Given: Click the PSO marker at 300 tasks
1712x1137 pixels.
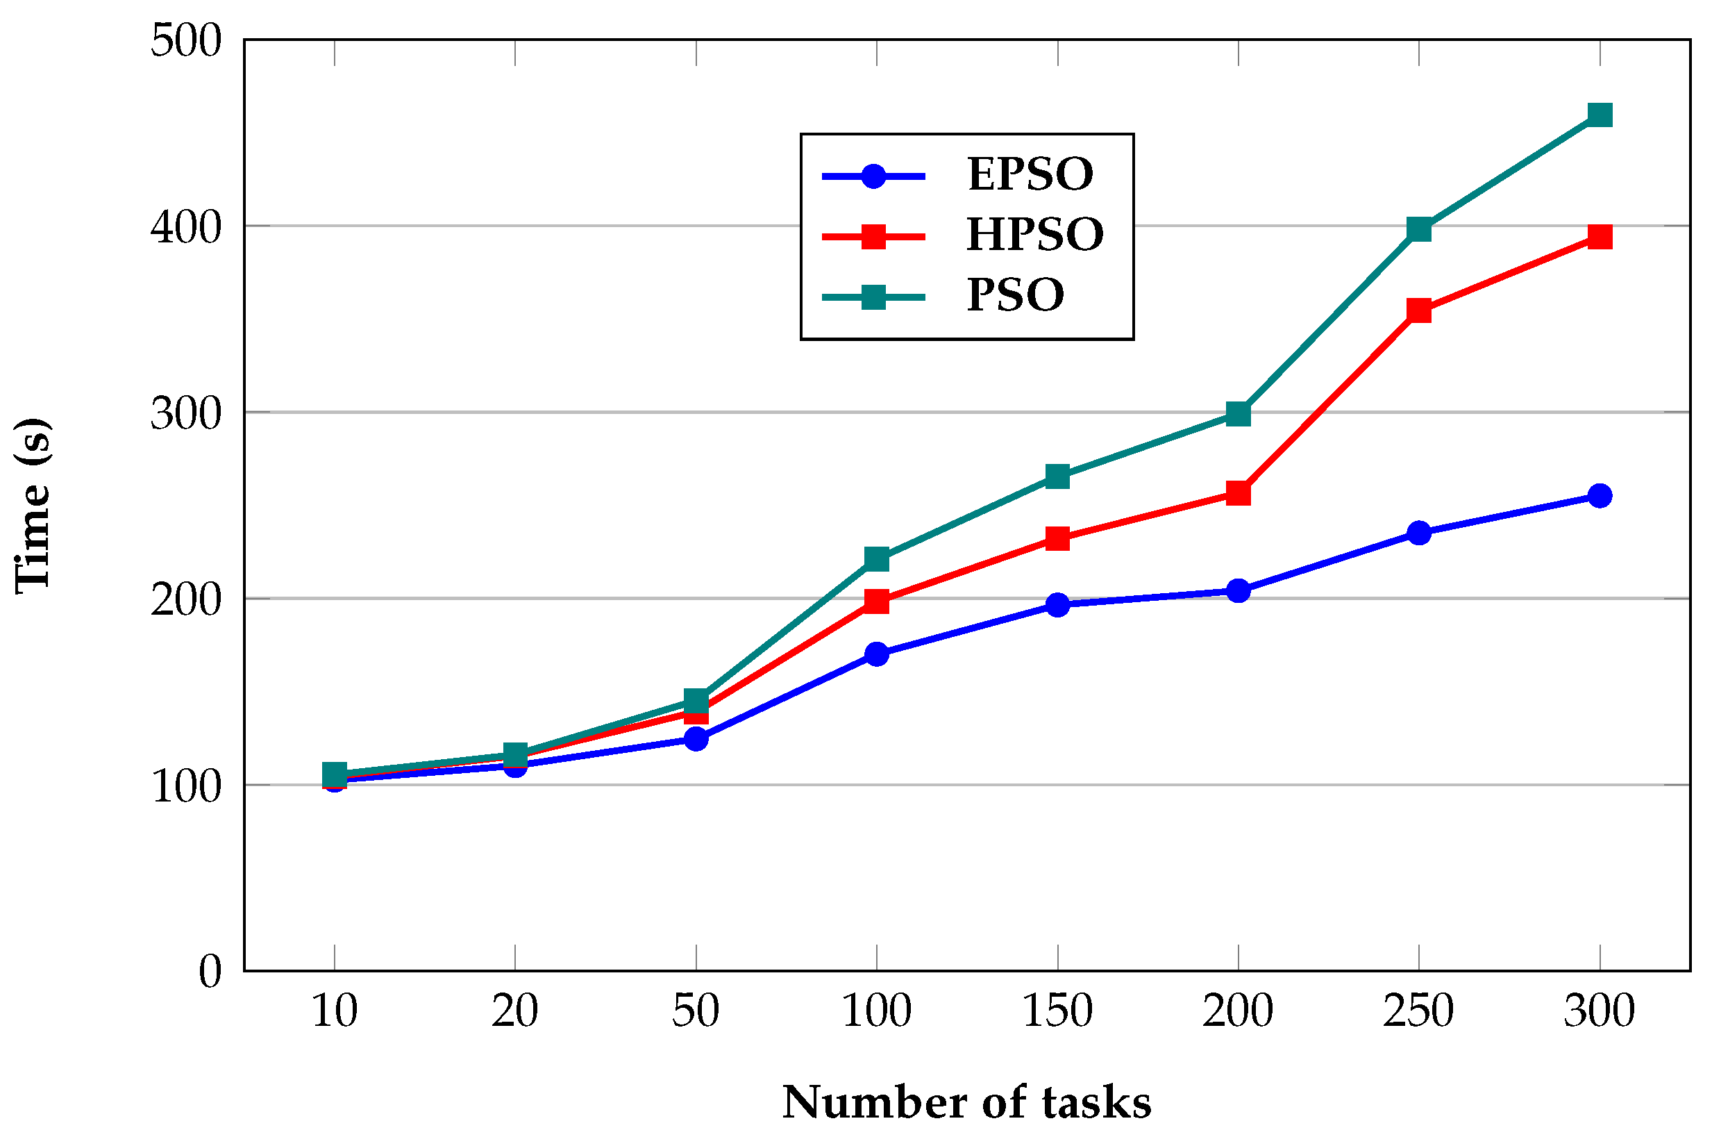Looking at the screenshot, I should click(x=1600, y=115).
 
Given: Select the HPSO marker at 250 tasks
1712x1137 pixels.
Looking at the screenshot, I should click(x=1418, y=310).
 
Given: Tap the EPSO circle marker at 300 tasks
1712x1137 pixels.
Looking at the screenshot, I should click(x=1600, y=496).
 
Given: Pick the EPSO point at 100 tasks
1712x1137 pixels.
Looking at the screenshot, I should click(x=877, y=654).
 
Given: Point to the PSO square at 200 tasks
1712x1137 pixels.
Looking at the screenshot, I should click(x=1238, y=414).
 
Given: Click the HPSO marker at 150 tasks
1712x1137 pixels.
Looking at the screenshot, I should click(x=1057, y=538).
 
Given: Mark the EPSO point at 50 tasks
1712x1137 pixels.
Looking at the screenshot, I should click(x=696, y=739).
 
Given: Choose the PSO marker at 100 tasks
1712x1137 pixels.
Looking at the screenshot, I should click(x=877, y=559).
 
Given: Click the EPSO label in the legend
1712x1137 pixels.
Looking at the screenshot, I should click(x=1030, y=175).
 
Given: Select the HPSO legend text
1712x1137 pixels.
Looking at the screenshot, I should click(x=1034, y=235).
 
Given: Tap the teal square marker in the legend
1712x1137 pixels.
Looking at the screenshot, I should click(x=873, y=297).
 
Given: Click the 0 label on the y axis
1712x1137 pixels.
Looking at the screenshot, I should click(x=210, y=972).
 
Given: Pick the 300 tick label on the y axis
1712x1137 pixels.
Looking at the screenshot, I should click(x=185, y=414).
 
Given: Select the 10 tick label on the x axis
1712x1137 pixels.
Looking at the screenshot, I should click(x=334, y=1011).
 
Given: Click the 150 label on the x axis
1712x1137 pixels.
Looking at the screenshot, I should click(x=1057, y=1011).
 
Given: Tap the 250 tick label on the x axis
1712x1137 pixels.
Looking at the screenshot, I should click(x=1418, y=1011).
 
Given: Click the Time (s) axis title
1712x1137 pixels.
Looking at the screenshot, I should click(x=33, y=506).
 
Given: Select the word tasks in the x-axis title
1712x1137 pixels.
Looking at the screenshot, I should click(x=1097, y=1103).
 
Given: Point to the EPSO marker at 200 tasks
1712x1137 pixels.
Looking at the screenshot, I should click(x=1238, y=591).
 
